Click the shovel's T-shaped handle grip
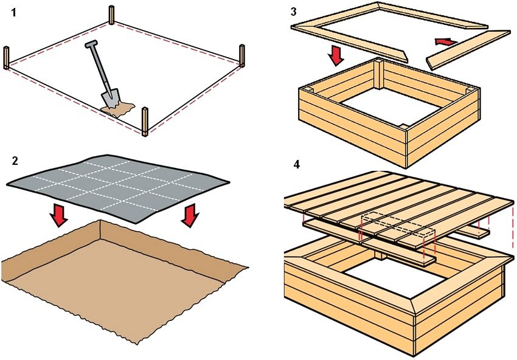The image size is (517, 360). [x=91, y=45]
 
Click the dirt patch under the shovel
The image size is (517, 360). [x=117, y=109]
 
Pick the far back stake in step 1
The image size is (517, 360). [x=112, y=15]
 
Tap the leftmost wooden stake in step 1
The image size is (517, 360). [x=7, y=58]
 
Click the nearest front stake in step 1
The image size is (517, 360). [x=145, y=121]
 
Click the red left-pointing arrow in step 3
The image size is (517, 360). [x=445, y=42]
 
